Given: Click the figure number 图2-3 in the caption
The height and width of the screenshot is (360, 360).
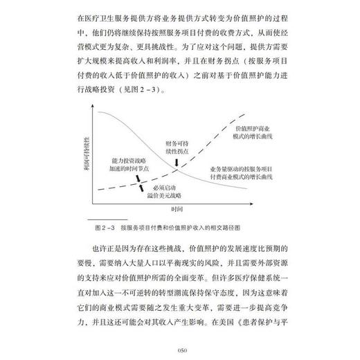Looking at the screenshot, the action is (x=103, y=226).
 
